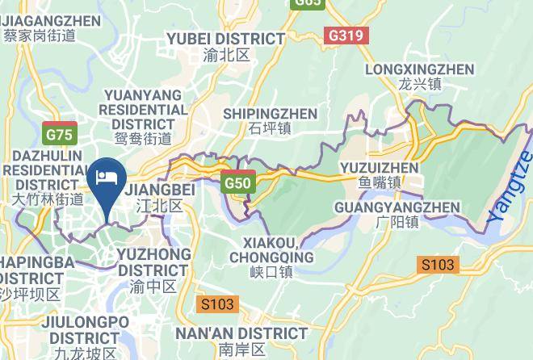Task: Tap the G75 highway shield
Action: [60, 134]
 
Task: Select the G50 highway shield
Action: [239, 183]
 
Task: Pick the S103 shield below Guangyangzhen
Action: [438, 264]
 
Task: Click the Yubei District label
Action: [225, 39]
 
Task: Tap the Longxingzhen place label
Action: [419, 69]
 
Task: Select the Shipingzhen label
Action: [270, 114]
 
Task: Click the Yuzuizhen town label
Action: [380, 168]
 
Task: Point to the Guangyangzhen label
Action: [397, 207]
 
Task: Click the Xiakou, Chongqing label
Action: [271, 250]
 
